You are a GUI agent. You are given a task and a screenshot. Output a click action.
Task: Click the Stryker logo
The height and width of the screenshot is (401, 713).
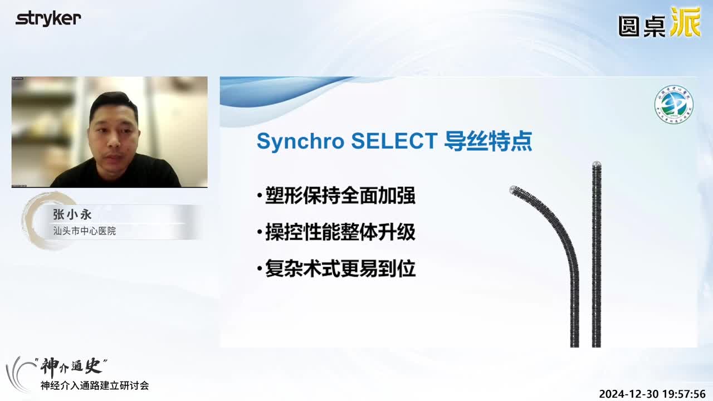pos(48,18)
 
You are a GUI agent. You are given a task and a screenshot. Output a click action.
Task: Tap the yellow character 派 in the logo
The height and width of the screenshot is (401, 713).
pos(685,22)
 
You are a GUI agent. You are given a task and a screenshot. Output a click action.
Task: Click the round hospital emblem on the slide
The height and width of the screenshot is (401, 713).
pos(673,104)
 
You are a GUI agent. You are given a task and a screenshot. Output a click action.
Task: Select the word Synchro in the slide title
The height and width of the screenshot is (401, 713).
pos(299,141)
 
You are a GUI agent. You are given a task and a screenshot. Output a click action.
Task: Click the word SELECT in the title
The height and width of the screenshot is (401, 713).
pos(394,141)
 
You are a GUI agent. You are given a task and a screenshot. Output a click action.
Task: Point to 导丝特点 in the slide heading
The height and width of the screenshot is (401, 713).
pos(488,141)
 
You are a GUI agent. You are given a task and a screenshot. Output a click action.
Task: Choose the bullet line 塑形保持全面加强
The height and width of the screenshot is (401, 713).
pos(340,197)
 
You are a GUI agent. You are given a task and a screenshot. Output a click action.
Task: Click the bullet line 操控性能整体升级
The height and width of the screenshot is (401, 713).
pos(340,233)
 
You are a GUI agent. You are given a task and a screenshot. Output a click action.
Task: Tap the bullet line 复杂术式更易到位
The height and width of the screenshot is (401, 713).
pos(340,269)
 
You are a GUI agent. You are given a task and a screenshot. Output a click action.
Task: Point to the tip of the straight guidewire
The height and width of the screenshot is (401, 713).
pos(596,165)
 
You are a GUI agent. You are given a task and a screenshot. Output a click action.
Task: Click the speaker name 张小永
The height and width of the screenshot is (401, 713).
pos(72,214)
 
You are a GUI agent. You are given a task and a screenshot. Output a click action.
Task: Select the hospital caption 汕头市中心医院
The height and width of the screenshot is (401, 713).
pos(84,231)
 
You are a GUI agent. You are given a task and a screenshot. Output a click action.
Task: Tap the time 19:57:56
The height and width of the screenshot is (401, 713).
pos(687,394)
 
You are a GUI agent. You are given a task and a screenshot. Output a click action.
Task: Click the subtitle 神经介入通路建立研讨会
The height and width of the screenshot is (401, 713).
pos(95,385)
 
